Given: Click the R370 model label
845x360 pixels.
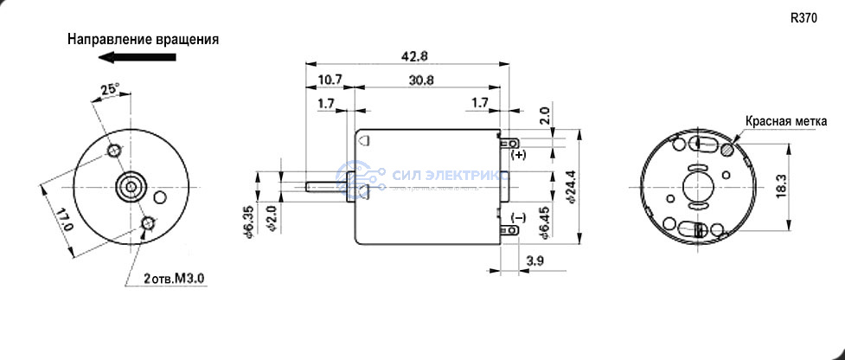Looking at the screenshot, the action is pos(803,18).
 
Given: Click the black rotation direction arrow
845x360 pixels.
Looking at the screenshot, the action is pos(138,56).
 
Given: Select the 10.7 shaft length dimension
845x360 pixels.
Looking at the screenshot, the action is pos(330,80).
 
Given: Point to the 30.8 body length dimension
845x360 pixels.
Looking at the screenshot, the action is pos(421,80).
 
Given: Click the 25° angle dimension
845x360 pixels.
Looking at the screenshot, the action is pos(110,89).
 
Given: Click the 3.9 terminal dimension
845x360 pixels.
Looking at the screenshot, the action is pos(535,260).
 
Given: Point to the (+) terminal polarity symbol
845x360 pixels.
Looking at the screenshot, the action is pos(518,155).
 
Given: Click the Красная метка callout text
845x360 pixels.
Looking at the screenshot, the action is pos(785,121).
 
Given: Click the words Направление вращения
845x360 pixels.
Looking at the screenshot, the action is pos(144,40).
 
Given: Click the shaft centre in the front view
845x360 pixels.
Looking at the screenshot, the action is pos(131,186).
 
